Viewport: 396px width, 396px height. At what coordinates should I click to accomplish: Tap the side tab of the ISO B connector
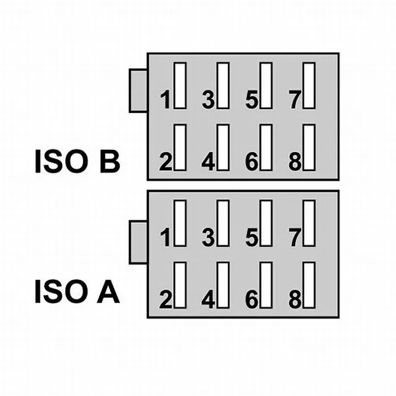[x=138, y=91]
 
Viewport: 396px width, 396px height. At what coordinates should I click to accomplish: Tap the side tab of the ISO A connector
[x=138, y=242]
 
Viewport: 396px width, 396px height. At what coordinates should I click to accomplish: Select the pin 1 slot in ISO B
[x=180, y=85]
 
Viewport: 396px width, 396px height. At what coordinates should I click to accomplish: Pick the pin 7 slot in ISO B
[x=309, y=85]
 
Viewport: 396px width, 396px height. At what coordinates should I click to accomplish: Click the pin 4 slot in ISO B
[x=223, y=147]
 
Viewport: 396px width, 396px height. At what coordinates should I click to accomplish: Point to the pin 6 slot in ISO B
[x=265, y=147]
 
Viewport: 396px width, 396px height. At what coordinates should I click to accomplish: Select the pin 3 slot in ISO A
[x=223, y=223]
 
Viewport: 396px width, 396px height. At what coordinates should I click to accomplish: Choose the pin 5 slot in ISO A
[x=265, y=223]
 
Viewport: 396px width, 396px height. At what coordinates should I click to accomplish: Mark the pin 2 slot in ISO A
[x=180, y=285]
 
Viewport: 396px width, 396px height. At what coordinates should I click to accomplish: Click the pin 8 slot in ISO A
[x=309, y=285]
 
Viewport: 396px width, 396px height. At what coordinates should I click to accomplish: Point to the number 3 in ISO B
[x=208, y=101]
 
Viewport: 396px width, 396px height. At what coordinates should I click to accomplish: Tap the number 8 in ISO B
[x=295, y=162]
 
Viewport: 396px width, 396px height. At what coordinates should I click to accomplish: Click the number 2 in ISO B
[x=165, y=162]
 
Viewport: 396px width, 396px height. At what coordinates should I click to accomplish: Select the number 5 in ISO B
[x=252, y=101]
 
